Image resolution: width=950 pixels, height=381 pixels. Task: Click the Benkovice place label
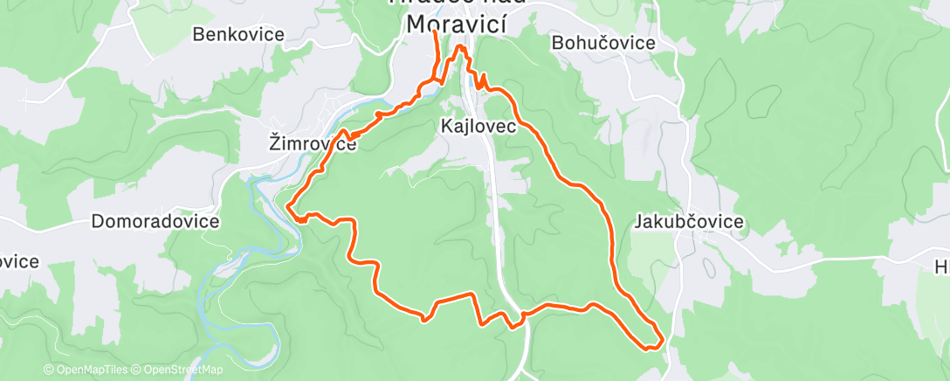tap(238, 35)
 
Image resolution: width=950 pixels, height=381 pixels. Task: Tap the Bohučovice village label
tap(603, 42)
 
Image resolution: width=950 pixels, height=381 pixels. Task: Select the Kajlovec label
tap(477, 127)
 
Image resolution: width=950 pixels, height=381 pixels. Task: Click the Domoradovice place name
tap(155, 221)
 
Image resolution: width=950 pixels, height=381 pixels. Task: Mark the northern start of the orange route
tap(434, 32)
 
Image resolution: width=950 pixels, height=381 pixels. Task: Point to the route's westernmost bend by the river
tap(289, 206)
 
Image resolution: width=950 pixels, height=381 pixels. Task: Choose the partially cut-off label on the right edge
tap(941, 267)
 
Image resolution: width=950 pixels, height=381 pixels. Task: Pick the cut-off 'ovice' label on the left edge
tap(18, 261)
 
